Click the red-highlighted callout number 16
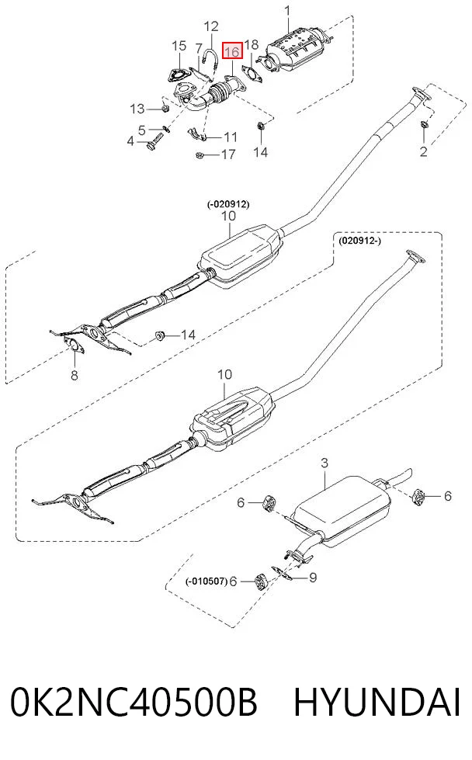pos(232,51)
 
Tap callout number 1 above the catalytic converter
pos(288,11)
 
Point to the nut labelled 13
pos(165,108)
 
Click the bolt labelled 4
pos(153,144)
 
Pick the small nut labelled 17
pos(198,155)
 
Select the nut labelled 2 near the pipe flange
pos(425,125)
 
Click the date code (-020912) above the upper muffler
pos(228,204)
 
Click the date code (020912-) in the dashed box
pos(359,240)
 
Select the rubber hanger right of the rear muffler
pos(418,496)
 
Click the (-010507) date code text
pos(206,581)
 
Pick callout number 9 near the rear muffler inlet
pos(313,578)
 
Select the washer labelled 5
pos(165,129)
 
